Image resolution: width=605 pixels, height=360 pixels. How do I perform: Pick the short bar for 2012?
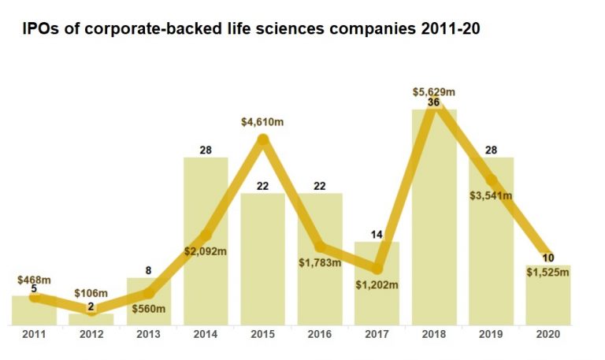click(x=91, y=319)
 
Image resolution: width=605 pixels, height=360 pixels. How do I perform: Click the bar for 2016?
click(x=320, y=284)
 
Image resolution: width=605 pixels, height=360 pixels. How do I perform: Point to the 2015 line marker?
click(x=263, y=140)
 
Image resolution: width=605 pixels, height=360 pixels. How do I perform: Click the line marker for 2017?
click(x=377, y=269)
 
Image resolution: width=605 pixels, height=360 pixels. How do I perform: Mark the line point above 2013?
click(x=149, y=293)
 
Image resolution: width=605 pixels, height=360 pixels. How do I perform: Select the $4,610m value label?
click(x=263, y=122)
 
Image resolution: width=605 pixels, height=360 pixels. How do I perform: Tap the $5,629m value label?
click(x=434, y=91)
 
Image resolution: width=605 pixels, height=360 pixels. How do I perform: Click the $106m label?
click(x=91, y=293)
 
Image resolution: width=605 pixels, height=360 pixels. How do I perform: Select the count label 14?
click(x=377, y=235)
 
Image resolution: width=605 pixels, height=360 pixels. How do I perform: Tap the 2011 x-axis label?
click(x=34, y=335)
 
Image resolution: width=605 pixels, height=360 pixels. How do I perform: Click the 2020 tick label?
click(x=547, y=335)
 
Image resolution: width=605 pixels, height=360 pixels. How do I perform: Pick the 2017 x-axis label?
click(x=377, y=335)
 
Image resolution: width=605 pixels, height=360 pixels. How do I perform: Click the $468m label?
click(x=34, y=280)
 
